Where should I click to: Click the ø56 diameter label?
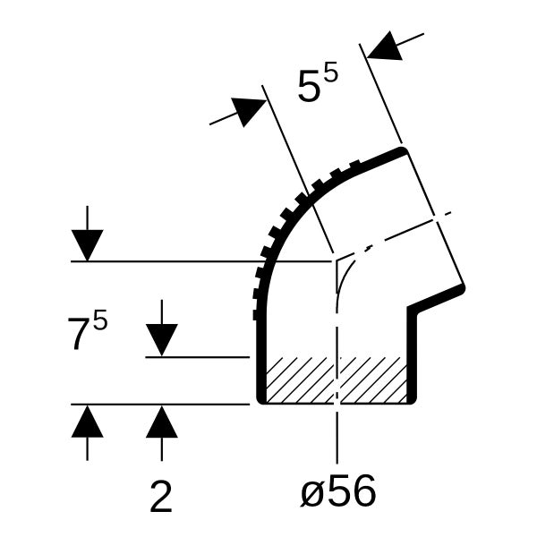[338, 492]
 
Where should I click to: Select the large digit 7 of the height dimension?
[79, 334]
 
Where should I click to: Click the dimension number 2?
[161, 496]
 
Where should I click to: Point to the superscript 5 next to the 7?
[100, 319]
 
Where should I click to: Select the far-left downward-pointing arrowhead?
[88, 245]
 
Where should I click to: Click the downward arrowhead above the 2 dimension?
[162, 340]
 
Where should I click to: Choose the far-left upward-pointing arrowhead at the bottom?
[88, 422]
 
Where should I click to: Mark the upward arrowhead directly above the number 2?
[162, 422]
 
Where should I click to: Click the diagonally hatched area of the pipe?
[337, 379]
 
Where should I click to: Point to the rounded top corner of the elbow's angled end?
[404, 149]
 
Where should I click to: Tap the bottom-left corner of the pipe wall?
[260, 401]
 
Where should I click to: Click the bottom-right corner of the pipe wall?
[413, 401]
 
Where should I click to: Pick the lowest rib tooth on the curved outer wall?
[255, 315]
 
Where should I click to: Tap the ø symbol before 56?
[311, 493]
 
